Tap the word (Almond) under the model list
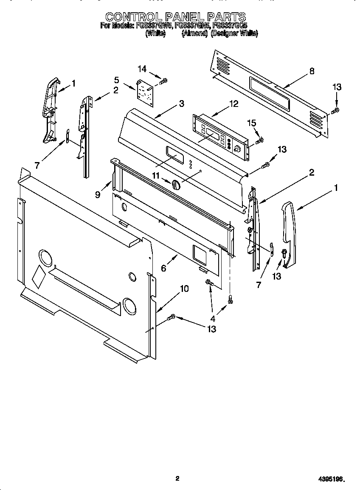pyautogui.click(x=194, y=34)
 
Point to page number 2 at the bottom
pyautogui.click(x=177, y=479)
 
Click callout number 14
pyautogui.click(x=142, y=69)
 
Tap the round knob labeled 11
pyautogui.click(x=176, y=185)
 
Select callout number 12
pyautogui.click(x=234, y=104)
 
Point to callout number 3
pyautogui.click(x=181, y=104)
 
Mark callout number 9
pyautogui.click(x=98, y=195)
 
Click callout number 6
pyautogui.click(x=163, y=268)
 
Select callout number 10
pyautogui.click(x=184, y=289)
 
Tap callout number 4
pyautogui.click(x=213, y=319)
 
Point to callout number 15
pyautogui.click(x=252, y=123)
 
